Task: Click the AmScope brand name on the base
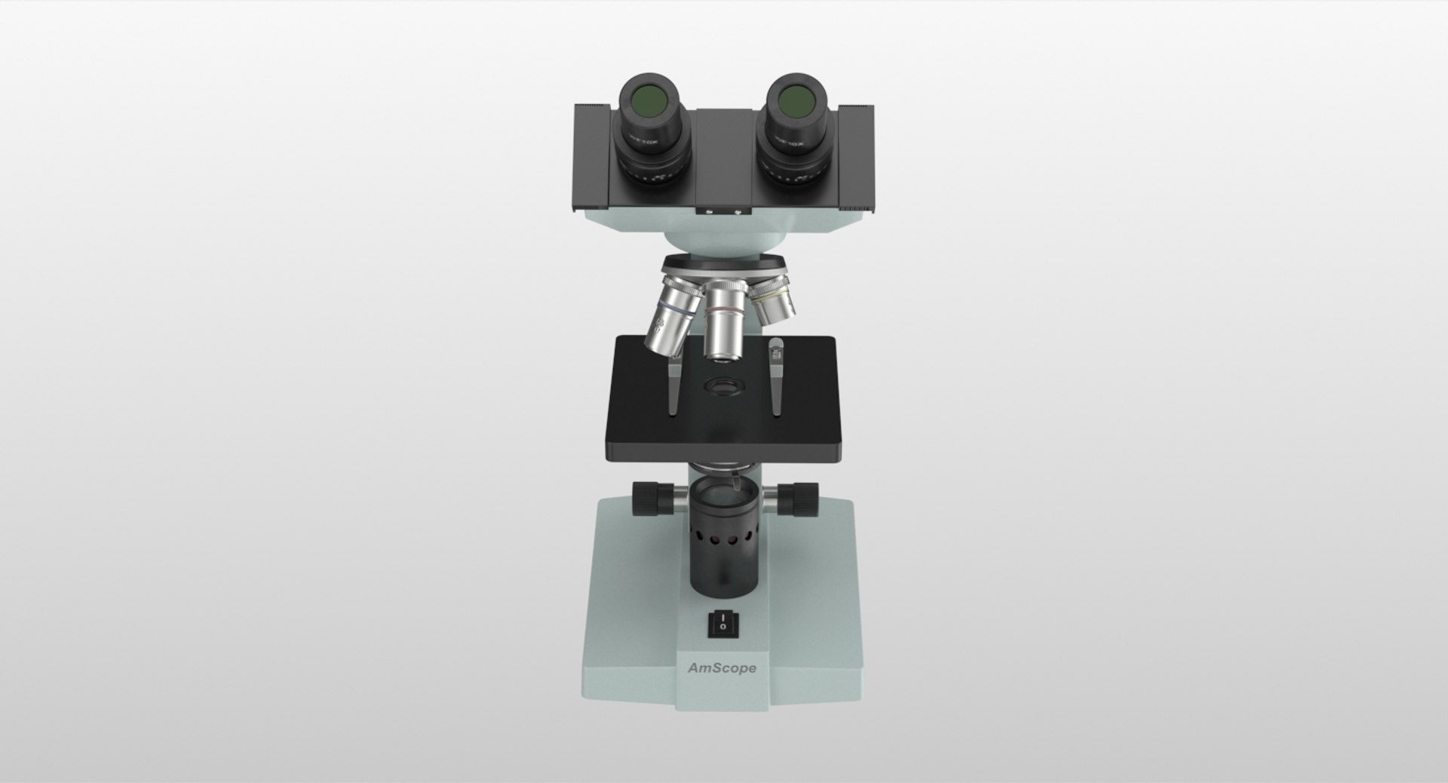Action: click(x=722, y=668)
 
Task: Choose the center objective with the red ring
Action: click(x=723, y=321)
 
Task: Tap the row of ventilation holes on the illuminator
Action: click(x=722, y=540)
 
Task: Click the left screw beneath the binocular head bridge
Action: click(x=709, y=213)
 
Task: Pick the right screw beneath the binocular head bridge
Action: click(x=736, y=213)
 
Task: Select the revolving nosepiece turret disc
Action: click(x=725, y=266)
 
